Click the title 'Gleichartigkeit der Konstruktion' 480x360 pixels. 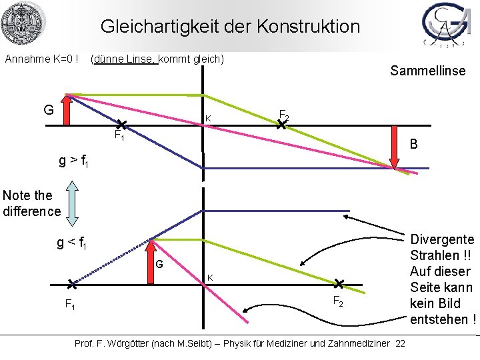tap(230, 27)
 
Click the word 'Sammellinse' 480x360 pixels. tap(427, 71)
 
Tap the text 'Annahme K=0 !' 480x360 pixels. tap(42, 59)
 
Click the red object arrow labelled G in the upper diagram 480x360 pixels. tap(67, 110)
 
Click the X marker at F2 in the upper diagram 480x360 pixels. tap(281, 123)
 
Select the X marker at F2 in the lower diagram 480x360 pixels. tap(339, 284)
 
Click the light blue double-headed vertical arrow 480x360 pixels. tap(72, 202)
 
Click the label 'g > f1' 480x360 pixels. tap(73, 161)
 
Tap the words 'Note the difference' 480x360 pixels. tap(31, 203)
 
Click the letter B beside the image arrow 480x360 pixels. tap(414, 144)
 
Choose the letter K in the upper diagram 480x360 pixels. tap(208, 119)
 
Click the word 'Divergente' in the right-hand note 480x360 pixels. tap(442, 239)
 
